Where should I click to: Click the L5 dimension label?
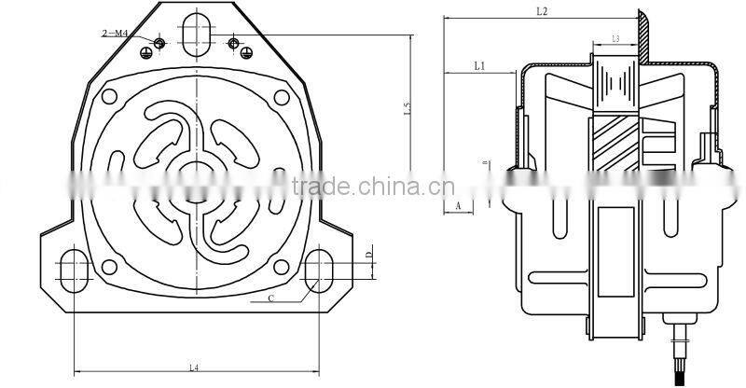[x=408, y=109]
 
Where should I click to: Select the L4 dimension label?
[x=193, y=367]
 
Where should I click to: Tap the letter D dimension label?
[x=369, y=254]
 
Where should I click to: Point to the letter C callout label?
[x=270, y=298]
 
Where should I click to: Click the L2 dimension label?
[x=543, y=11]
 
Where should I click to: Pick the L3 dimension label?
[x=616, y=39]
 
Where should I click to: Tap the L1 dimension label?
[x=479, y=65]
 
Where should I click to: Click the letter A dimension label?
[x=458, y=202]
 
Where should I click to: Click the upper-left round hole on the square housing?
[x=111, y=97]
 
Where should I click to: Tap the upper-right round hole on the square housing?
[x=280, y=97]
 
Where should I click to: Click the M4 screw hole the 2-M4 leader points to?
[x=160, y=44]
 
